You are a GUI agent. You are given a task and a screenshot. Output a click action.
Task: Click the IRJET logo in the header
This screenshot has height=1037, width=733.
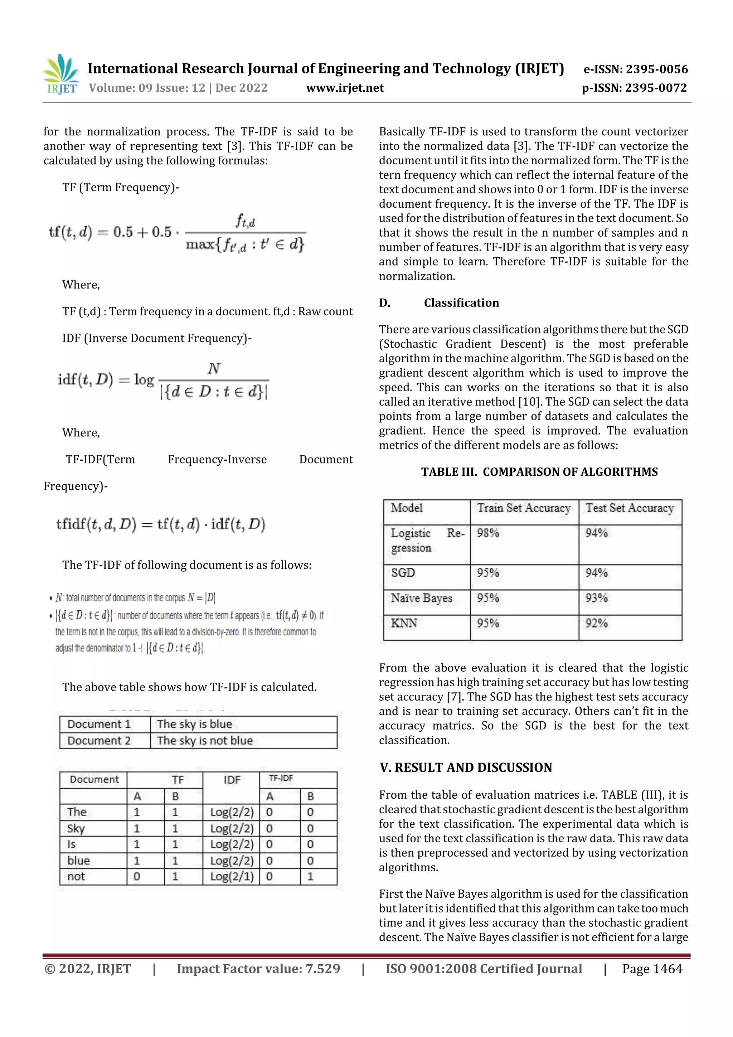(62, 74)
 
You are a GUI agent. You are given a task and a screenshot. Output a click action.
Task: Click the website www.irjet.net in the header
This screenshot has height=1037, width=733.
(345, 88)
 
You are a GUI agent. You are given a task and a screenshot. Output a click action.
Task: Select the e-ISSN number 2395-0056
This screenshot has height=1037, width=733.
(635, 69)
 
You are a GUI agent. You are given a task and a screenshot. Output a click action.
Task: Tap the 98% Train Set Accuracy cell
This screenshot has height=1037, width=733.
(488, 533)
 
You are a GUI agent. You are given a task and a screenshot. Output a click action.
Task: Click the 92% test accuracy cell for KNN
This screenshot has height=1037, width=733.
(596, 623)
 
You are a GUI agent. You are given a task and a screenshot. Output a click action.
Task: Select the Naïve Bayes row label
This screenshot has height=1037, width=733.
(421, 598)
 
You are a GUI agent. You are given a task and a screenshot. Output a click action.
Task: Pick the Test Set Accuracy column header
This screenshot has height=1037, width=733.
(629, 508)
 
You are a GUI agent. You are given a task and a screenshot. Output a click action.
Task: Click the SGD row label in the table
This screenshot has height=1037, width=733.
(403, 573)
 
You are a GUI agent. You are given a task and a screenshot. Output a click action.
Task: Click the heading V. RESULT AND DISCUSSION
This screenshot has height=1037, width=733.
(466, 767)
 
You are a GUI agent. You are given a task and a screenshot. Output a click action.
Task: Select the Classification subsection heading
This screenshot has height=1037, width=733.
(461, 302)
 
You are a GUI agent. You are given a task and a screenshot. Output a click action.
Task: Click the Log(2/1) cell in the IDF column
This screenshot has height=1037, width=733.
(232, 877)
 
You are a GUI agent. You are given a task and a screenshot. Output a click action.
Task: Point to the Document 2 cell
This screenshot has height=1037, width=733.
(99, 741)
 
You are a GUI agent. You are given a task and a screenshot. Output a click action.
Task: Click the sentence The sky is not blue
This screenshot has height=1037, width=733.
(205, 741)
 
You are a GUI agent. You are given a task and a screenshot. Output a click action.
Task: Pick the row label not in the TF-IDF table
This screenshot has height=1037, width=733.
(76, 877)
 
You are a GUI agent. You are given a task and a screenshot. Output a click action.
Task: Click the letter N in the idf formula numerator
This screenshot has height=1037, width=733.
(214, 369)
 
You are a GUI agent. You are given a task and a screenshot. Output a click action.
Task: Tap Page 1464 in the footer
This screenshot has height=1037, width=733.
(652, 968)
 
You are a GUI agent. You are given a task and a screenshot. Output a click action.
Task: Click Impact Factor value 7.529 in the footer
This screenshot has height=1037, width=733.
(258, 968)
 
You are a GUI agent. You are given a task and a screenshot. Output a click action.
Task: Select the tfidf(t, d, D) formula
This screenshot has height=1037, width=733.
(160, 524)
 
